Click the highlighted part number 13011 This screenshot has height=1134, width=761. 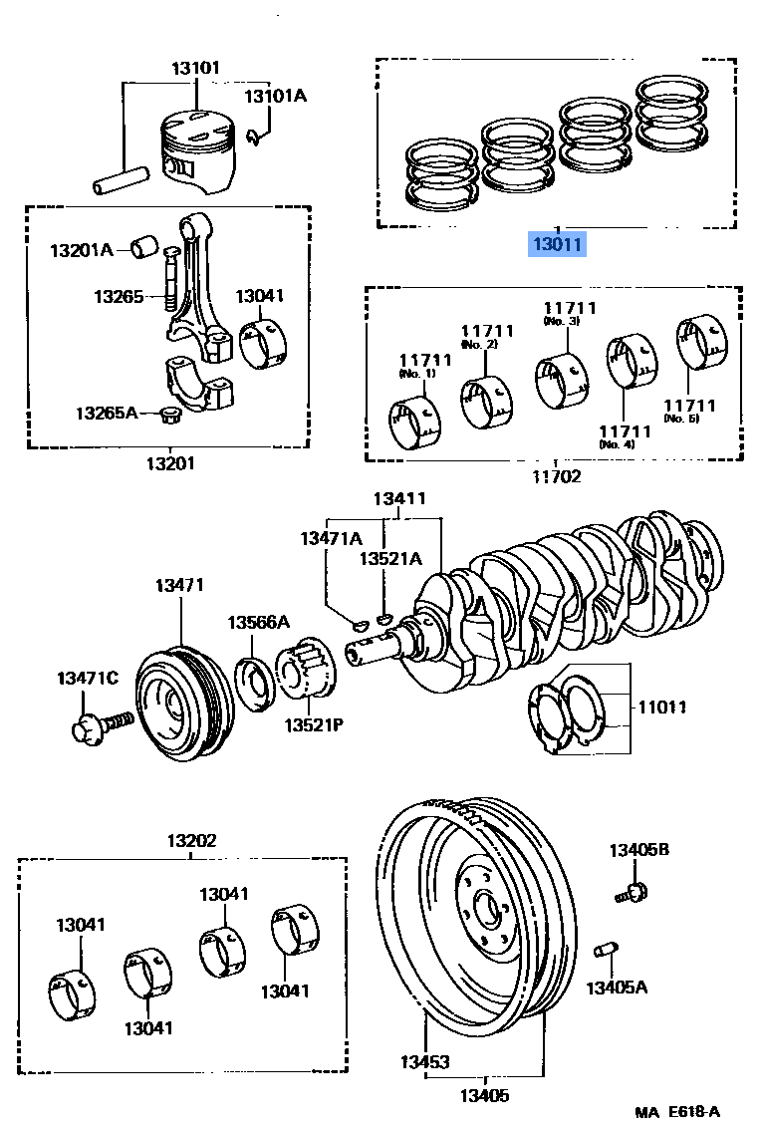tap(558, 243)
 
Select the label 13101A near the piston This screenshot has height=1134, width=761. tap(276, 97)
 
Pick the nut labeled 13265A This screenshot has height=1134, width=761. tap(169, 413)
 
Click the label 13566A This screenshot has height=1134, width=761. tap(257, 623)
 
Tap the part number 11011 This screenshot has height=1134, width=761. tap(661, 708)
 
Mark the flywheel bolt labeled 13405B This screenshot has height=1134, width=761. tap(634, 890)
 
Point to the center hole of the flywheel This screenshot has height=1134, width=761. tap(487, 909)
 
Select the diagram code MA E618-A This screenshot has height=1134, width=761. tap(676, 1112)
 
